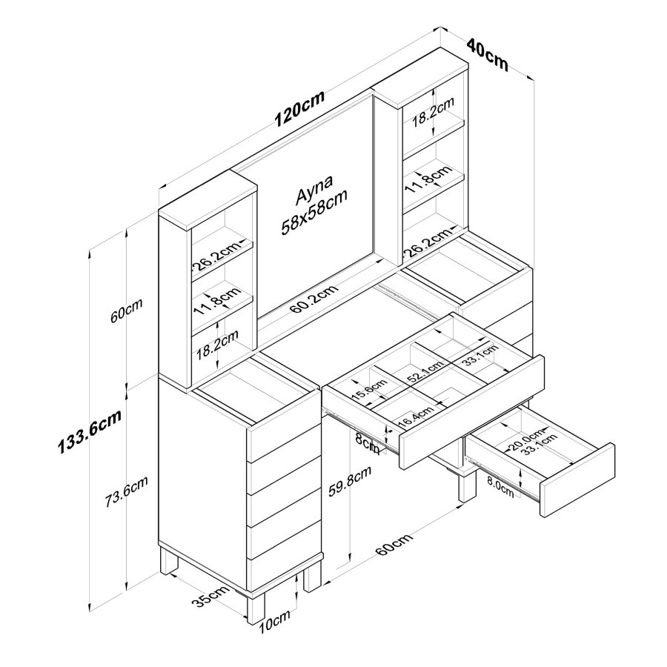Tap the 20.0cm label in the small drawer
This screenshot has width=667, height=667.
[x=526, y=438]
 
